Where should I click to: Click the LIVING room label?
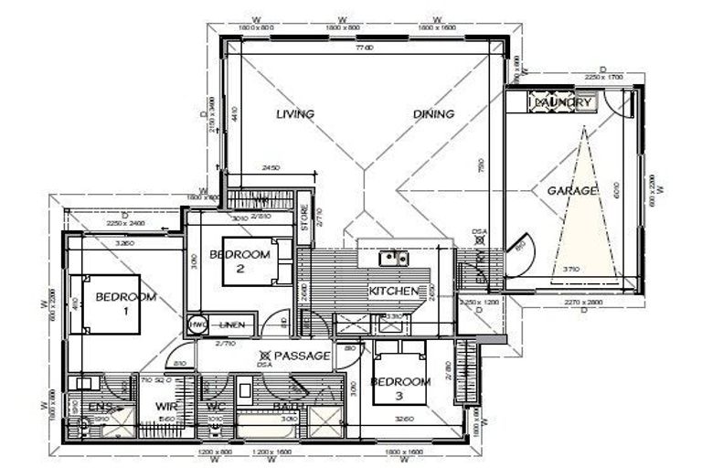coord(295,114)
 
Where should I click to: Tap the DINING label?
coord(433,114)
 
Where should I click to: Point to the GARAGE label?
coord(572,190)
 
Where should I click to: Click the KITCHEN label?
coord(393,291)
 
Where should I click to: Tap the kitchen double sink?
coord(394,259)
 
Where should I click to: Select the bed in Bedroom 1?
coord(112,303)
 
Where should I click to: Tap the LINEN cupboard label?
coord(232,324)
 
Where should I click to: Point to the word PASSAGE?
coord(301,355)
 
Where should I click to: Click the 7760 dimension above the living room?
coord(366,46)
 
